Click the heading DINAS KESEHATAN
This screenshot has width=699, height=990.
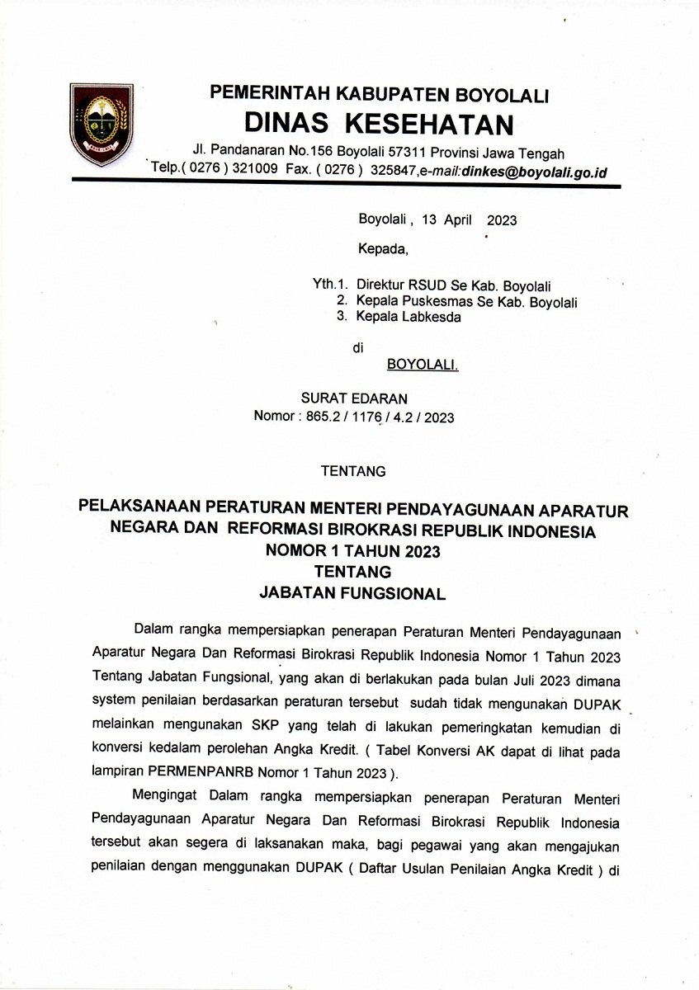(379, 124)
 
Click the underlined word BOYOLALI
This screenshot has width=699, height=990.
(422, 364)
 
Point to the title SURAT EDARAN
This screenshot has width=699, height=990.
(354, 398)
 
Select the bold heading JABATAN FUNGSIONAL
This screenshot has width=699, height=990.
(352, 592)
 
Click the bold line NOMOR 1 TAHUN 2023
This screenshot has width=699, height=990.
(352, 551)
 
